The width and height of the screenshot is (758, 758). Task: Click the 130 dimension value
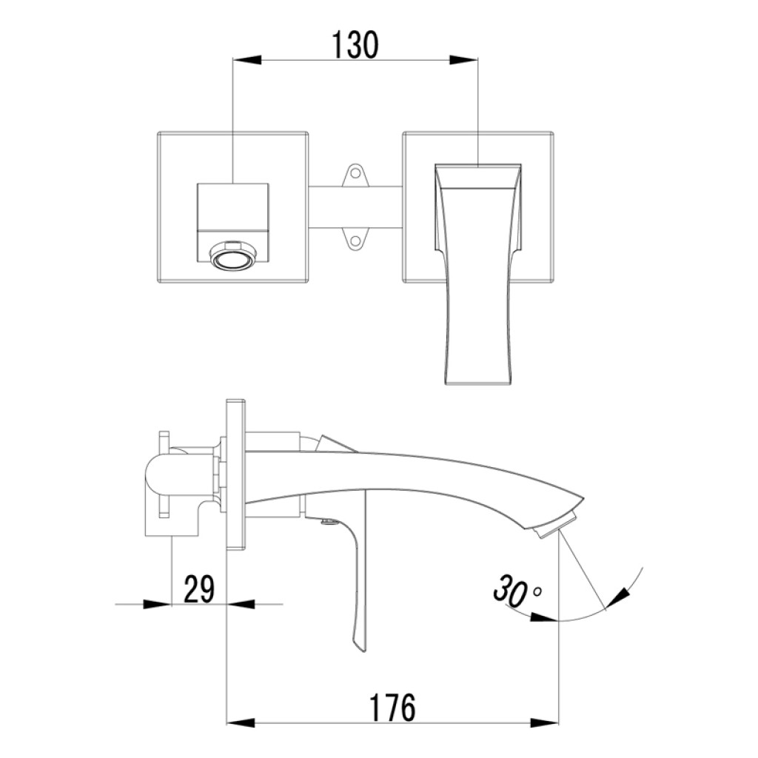[355, 45]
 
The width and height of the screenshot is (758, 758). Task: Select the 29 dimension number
[198, 588]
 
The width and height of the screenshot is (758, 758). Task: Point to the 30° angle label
[516, 590]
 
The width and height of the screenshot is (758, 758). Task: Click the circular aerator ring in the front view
[233, 255]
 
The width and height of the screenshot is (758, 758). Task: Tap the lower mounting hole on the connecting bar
[356, 241]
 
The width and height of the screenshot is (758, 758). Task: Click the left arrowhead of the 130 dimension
[247, 60]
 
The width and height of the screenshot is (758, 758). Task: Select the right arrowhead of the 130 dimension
[463, 60]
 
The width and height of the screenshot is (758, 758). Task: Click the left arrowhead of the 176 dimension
[241, 723]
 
